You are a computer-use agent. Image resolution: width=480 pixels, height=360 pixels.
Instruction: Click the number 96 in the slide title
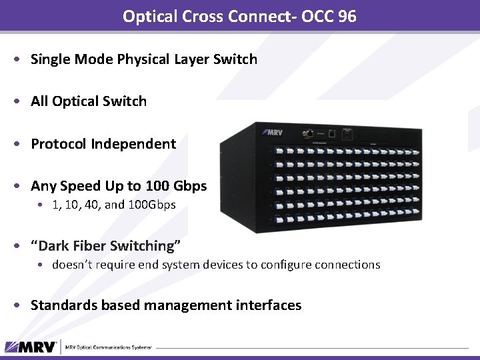click(346, 16)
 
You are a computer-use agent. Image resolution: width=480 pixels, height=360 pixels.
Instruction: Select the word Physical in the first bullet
click(143, 59)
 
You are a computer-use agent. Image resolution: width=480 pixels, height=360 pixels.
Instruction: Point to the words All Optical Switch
click(89, 101)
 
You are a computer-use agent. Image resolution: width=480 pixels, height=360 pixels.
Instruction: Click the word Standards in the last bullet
click(64, 305)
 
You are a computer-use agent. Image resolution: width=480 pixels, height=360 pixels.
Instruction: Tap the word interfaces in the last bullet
click(269, 305)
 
